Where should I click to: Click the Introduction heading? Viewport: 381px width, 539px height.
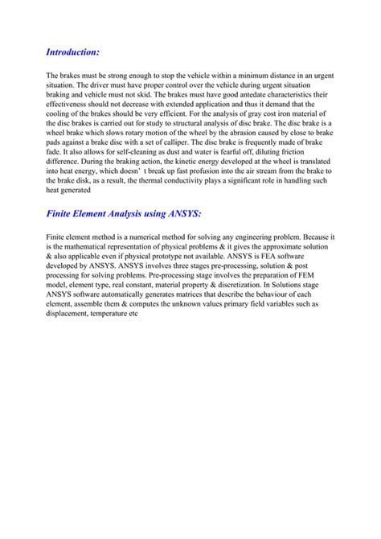pyautogui.click(x=72, y=51)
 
